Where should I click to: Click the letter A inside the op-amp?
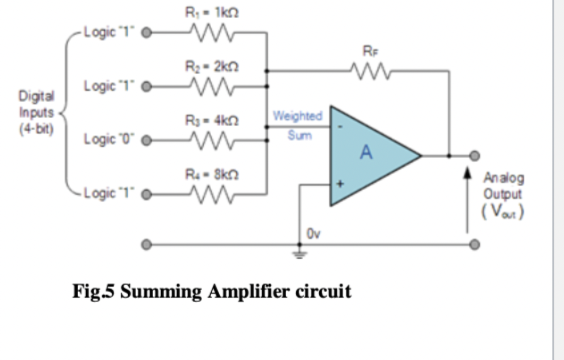366,153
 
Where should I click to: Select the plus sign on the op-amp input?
341,185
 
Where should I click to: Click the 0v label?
313,234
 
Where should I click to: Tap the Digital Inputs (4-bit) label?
36,112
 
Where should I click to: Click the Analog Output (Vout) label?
503,195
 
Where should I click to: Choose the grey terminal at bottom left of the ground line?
147,246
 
